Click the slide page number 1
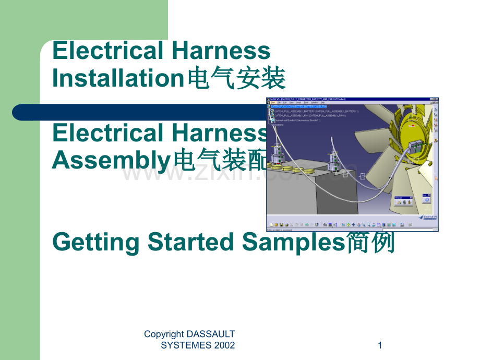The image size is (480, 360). pos(380,345)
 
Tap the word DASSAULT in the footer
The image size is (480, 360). pos(211,334)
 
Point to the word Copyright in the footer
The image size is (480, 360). pos(164,334)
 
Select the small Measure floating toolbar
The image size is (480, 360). pos(406,201)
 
